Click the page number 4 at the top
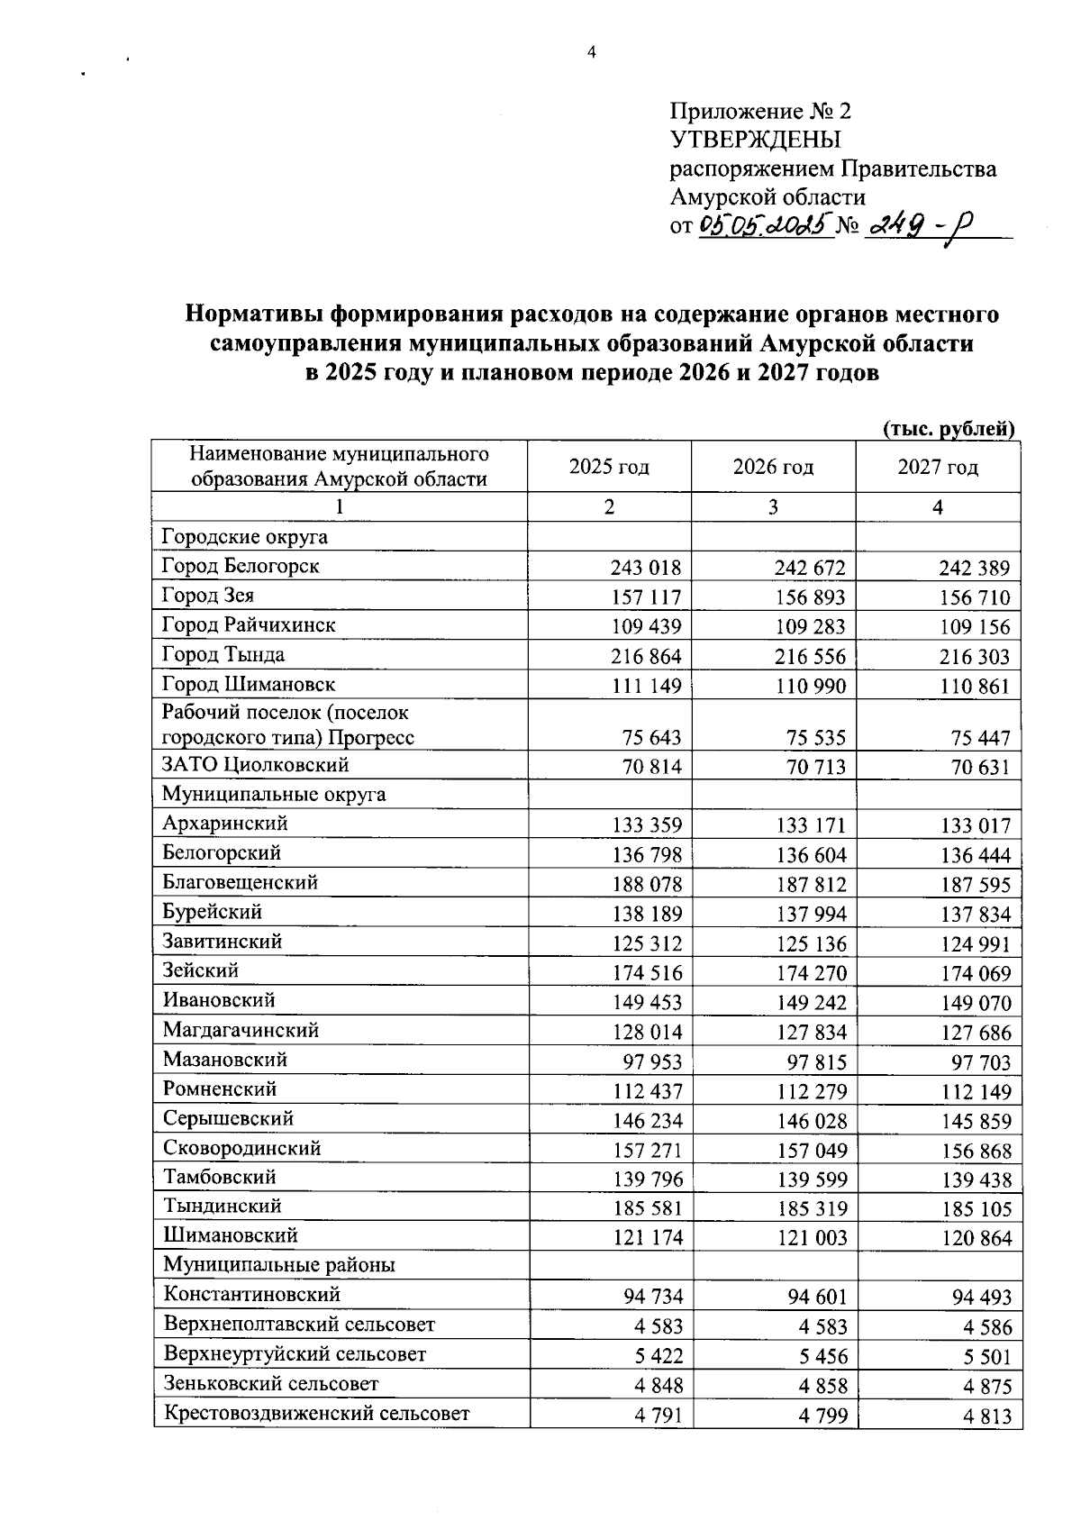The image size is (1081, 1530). [x=592, y=53]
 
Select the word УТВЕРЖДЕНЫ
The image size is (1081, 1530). [x=755, y=140]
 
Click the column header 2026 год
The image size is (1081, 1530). [x=773, y=467]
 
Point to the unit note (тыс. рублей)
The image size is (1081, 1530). [x=949, y=429]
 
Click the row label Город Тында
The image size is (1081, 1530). [x=223, y=655]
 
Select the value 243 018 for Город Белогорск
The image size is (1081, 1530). [x=646, y=568]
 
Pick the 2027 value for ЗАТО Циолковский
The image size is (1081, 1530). [x=975, y=768]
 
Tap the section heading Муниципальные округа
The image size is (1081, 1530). [x=274, y=794]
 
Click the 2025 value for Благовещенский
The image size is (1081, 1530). [x=647, y=885]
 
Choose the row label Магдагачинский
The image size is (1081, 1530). [x=241, y=1030]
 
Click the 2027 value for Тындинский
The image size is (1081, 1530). [x=976, y=1209]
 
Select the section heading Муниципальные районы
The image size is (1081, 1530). [x=279, y=1265]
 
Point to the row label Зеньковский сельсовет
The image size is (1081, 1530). [x=271, y=1383]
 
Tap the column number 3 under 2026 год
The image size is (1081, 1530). [x=773, y=507]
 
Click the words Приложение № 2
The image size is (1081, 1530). [x=760, y=111]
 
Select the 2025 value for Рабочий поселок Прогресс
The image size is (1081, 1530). [x=651, y=738]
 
